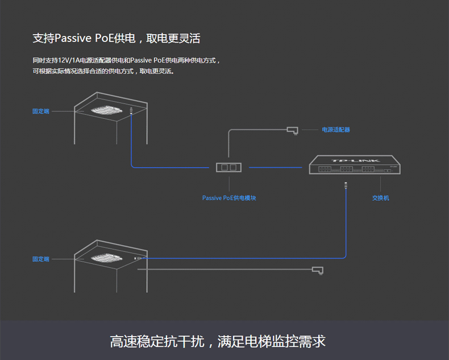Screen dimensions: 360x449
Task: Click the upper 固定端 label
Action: point(41,111)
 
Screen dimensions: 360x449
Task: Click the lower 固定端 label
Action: point(41,259)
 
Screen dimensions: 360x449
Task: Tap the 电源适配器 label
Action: point(336,130)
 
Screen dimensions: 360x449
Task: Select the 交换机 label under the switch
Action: point(381,198)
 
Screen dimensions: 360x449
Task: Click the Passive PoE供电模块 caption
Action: point(229,198)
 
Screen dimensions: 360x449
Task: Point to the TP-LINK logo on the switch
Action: point(355,161)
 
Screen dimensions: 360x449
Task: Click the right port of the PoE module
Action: point(233,167)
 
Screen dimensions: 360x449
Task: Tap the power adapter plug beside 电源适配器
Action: point(293,130)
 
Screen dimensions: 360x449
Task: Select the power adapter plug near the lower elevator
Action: point(318,270)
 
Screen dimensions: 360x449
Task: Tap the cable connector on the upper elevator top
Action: point(131,110)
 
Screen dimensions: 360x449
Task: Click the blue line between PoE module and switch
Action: point(276,167)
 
